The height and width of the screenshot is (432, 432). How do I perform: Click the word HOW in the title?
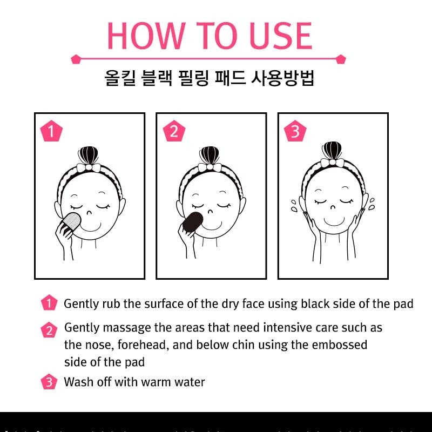146,36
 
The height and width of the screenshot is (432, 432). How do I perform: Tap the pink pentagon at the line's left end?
76,59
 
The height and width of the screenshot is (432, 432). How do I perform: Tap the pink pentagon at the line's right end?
341,59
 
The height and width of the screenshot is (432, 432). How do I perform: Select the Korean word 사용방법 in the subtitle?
282,78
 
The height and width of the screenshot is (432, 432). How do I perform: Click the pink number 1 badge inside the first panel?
51,131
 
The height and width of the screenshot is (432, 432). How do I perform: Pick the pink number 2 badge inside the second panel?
174,131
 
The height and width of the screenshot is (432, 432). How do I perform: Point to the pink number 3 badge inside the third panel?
295,131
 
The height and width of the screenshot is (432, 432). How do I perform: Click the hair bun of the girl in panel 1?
88,156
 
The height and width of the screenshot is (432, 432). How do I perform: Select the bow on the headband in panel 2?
210,167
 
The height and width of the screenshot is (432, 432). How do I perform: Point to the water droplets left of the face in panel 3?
294,206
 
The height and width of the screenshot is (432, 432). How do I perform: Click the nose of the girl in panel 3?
333,207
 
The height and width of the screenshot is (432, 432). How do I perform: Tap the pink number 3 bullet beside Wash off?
49,382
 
